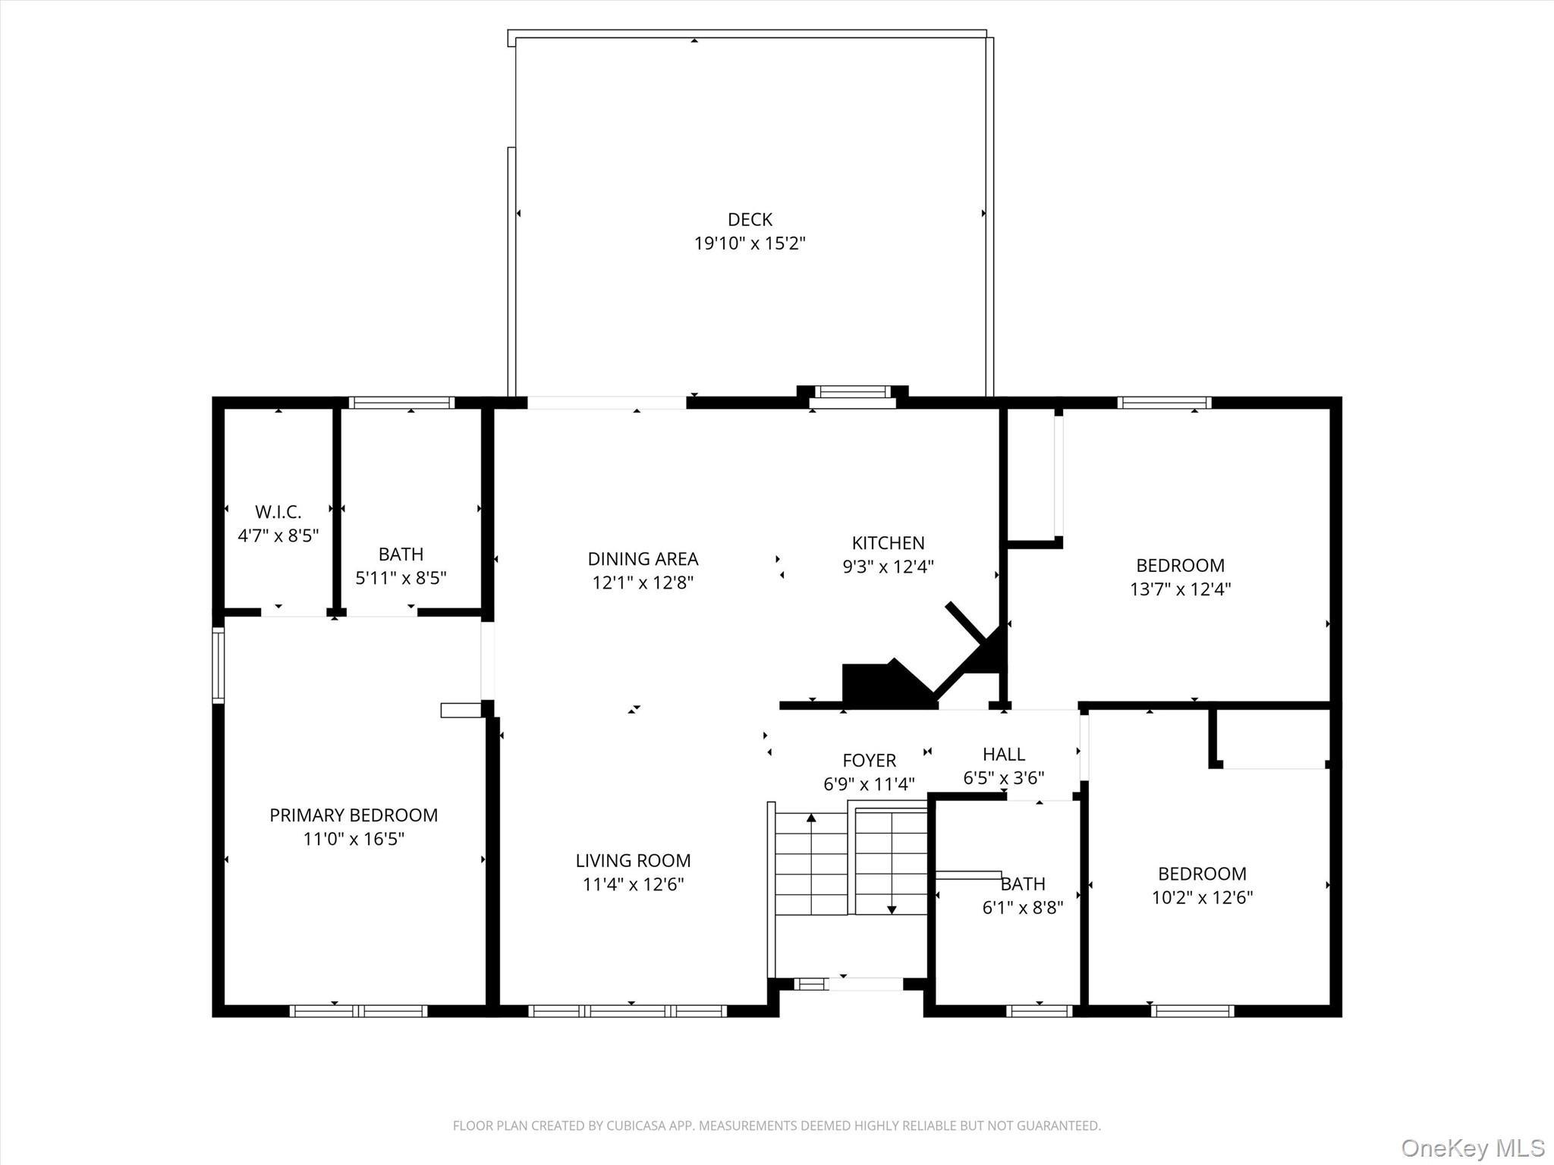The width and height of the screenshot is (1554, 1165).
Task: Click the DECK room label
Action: [x=750, y=220]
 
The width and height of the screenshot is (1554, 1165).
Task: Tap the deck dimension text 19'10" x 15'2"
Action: [x=750, y=244]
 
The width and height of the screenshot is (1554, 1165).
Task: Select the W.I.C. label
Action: [x=278, y=512]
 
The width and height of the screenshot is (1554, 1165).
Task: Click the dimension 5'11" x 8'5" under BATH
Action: [x=401, y=579]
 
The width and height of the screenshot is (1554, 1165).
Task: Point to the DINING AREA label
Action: [x=643, y=559]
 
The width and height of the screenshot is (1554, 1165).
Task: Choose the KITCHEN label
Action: [x=888, y=543]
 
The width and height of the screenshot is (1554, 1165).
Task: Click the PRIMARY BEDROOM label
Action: [x=354, y=815]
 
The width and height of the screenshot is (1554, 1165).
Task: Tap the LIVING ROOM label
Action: [x=633, y=861]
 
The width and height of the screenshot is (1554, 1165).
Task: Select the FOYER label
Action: [x=869, y=761]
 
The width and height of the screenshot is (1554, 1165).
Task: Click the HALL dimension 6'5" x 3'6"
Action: [x=1003, y=778]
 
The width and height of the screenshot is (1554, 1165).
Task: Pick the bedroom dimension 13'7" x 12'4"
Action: [x=1180, y=589]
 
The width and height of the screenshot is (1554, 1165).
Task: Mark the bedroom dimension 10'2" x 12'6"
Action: [x=1202, y=898]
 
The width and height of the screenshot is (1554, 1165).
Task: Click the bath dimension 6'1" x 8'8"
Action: [x=1022, y=908]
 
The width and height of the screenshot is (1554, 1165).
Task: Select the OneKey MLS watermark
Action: [x=1472, y=1148]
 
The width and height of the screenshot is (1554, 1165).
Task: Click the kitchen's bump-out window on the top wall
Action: [x=852, y=394]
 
